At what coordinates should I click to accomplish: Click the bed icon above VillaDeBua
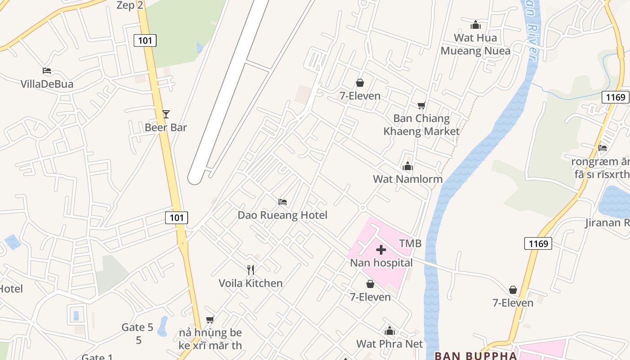[47, 71]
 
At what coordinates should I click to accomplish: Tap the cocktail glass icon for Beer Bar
[166, 114]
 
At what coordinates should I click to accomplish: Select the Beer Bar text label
[166, 127]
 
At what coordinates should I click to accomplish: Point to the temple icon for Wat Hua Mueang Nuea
[476, 25]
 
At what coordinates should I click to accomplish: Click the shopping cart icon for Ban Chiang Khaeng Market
[421, 105]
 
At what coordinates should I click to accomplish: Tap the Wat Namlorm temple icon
[408, 166]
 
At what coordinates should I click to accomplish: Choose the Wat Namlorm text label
[408, 179]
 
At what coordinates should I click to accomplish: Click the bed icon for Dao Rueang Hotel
[283, 202]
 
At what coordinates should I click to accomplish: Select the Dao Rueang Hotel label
[283, 215]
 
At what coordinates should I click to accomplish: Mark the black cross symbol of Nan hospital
[381, 250]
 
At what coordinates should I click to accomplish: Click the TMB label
[410, 243]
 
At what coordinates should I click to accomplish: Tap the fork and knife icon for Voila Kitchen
[251, 270]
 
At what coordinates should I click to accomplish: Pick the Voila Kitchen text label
[251, 283]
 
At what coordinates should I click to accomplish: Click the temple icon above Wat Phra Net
[390, 331]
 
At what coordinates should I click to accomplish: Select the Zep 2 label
[130, 5]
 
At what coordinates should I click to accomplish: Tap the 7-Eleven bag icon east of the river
[513, 290]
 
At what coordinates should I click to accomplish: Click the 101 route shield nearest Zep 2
[145, 41]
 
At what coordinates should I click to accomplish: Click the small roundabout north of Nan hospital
[362, 207]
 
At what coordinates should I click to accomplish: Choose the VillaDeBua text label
[47, 84]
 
